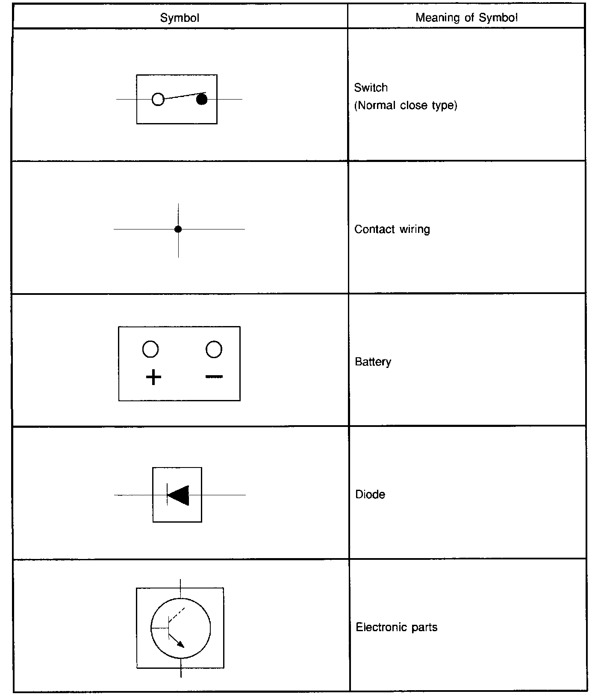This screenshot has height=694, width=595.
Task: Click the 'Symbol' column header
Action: [x=180, y=18]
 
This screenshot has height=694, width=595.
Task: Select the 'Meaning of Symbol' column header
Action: [x=466, y=18]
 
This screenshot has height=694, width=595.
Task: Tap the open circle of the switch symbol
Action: [x=158, y=99]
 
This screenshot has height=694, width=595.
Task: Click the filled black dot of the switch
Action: [x=202, y=100]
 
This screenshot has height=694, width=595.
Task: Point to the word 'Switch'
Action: [x=371, y=88]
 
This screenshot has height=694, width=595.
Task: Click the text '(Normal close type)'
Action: [x=406, y=106]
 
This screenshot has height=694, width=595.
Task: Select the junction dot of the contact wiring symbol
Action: [x=178, y=229]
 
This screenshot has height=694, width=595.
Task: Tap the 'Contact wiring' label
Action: [x=392, y=229]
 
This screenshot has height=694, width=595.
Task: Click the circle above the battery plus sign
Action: [x=150, y=349]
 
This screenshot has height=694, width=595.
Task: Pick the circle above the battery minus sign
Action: [x=214, y=349]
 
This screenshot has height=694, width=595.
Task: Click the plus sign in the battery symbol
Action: [x=153, y=377]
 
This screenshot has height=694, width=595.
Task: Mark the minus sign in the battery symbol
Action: [x=214, y=376]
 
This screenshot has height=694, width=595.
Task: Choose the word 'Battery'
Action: [x=373, y=362]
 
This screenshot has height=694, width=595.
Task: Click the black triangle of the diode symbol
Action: [x=179, y=495]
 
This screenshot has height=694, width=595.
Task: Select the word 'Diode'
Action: [x=370, y=495]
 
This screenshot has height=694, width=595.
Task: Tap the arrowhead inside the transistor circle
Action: [x=181, y=644]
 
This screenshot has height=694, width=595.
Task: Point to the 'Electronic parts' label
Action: [x=396, y=627]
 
